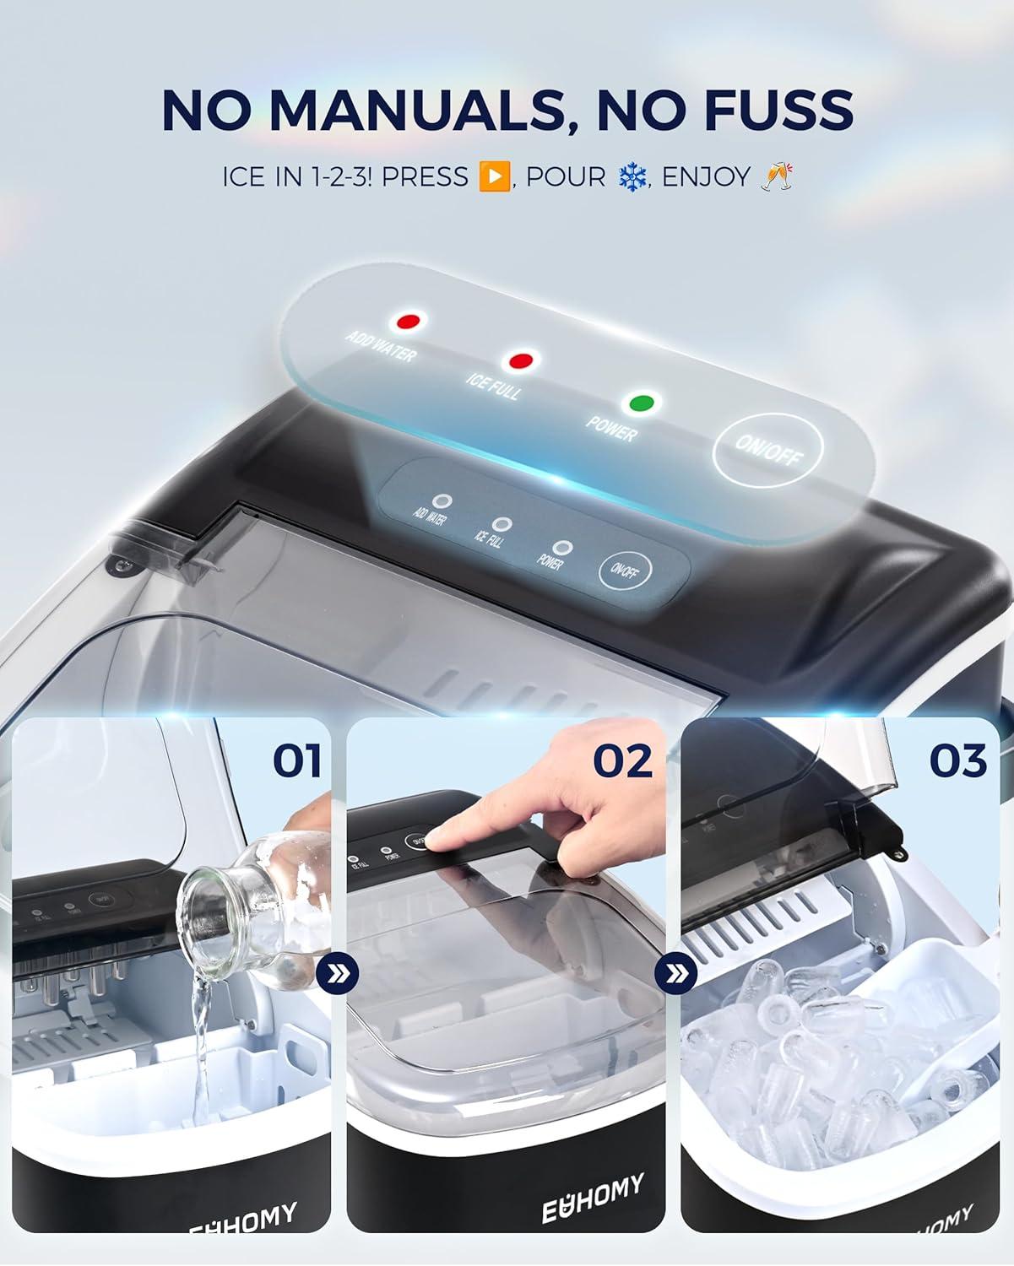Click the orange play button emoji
494,177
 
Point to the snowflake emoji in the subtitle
632,177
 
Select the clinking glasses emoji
776,176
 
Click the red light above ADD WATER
409,322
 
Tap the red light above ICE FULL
519,361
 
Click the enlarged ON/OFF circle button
767,452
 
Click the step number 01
296,761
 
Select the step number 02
622,761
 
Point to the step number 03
957,761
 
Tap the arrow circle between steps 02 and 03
675,975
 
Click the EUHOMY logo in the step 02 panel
593,1197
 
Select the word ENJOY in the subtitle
706,177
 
